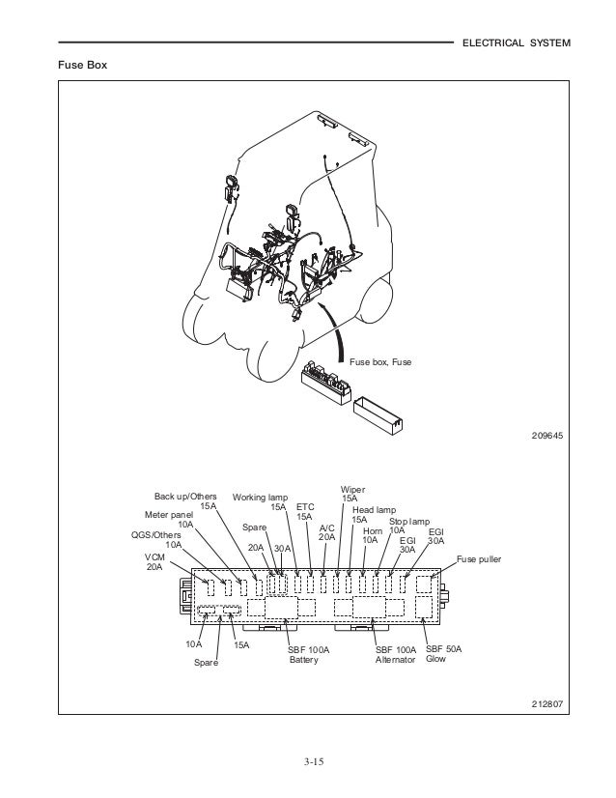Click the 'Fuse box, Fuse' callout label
[380, 362]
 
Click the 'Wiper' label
[353, 489]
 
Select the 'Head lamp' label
[374, 509]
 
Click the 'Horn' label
[372, 530]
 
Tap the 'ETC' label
[305, 506]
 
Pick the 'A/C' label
[326, 527]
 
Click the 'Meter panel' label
[169, 515]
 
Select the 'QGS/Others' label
[155, 534]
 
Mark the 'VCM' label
[155, 556]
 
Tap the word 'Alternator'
[395, 660]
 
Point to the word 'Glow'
[436, 660]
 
